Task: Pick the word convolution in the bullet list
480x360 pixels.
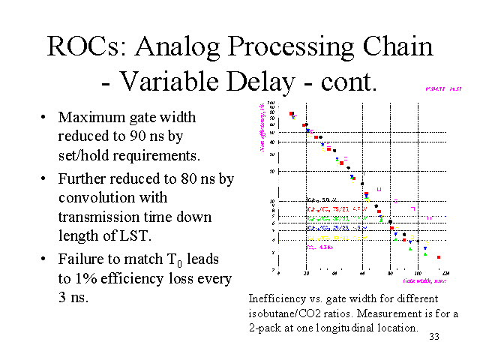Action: coord(96,197)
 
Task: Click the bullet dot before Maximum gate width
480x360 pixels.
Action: coord(45,118)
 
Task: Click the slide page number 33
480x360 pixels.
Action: coord(433,337)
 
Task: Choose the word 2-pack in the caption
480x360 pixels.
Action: coord(266,328)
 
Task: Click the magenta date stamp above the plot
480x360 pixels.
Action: coord(435,88)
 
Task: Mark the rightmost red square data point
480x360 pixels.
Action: coord(439,257)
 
